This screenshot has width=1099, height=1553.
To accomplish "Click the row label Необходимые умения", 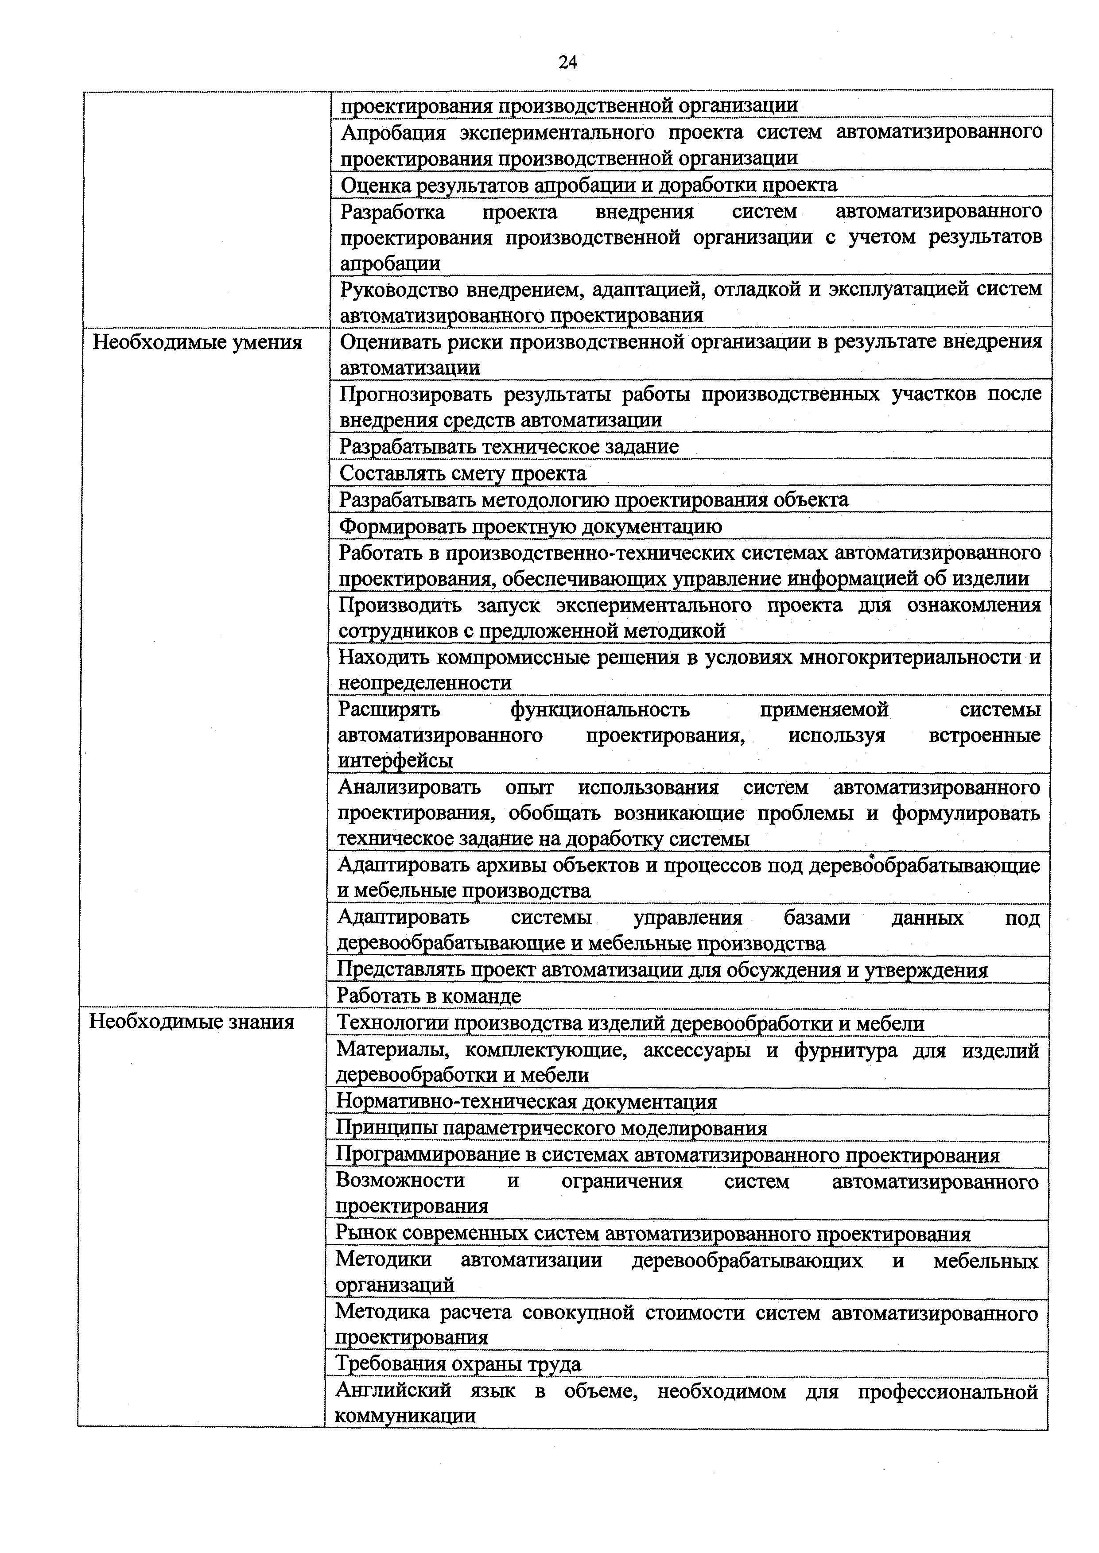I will pos(197,342).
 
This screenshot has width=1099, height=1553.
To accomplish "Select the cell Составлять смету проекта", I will pos(463,473).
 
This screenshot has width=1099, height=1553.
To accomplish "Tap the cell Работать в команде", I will pos(429,995).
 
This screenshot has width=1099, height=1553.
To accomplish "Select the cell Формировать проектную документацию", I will pos(531,526).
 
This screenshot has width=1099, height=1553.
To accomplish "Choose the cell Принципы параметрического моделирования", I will pos(551,1128).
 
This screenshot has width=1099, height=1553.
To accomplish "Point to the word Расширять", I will pos(388,709).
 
